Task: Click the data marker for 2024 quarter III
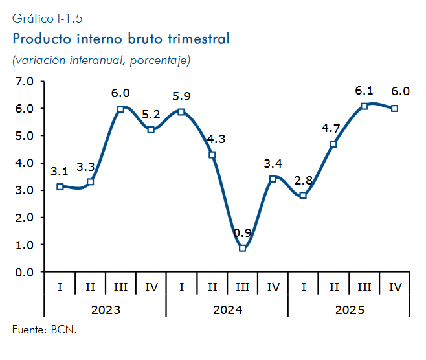[x=243, y=248]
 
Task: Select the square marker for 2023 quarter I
[x=60, y=186]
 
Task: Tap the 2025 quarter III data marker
[x=364, y=106]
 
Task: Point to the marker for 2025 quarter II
[x=333, y=144]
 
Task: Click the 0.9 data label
[x=242, y=233]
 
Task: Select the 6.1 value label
[x=364, y=91]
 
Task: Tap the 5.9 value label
[x=181, y=96]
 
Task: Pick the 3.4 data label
[x=273, y=163]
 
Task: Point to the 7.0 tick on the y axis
[x=24, y=81]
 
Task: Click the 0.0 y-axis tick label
[x=24, y=272]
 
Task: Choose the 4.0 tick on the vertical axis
[x=24, y=163]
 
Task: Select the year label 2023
[x=106, y=309]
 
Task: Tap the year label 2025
[x=350, y=309]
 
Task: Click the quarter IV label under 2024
[x=273, y=287]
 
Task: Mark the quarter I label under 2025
[x=304, y=287]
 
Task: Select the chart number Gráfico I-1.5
[x=47, y=19]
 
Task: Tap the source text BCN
[x=64, y=330]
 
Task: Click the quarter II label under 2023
[x=90, y=287]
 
